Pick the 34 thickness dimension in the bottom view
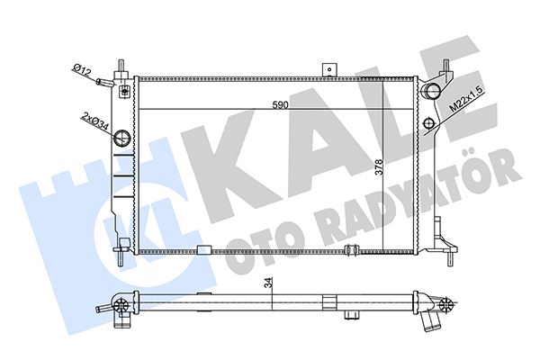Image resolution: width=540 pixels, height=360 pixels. [270, 284]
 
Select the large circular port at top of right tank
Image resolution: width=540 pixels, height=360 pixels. [434, 90]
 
